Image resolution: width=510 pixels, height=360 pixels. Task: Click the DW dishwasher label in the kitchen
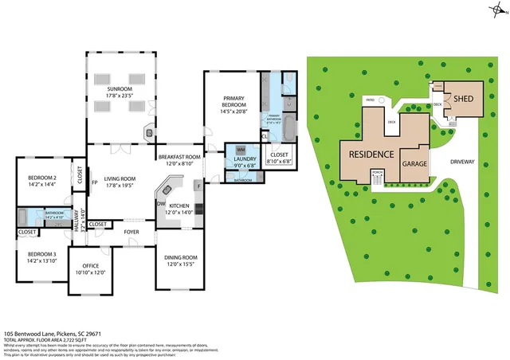[x=161, y=203]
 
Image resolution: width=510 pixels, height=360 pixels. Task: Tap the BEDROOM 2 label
[x=42, y=178]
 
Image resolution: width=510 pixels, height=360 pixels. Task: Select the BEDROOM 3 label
[x=42, y=254]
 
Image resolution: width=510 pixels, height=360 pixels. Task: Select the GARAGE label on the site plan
[x=414, y=162]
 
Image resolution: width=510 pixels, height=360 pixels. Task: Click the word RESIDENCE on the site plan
[x=370, y=155]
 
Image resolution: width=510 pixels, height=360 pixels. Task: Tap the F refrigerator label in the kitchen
[x=198, y=185]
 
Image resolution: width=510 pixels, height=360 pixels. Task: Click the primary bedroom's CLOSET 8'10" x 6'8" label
[x=280, y=156]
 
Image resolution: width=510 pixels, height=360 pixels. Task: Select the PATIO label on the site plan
[x=370, y=100]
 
